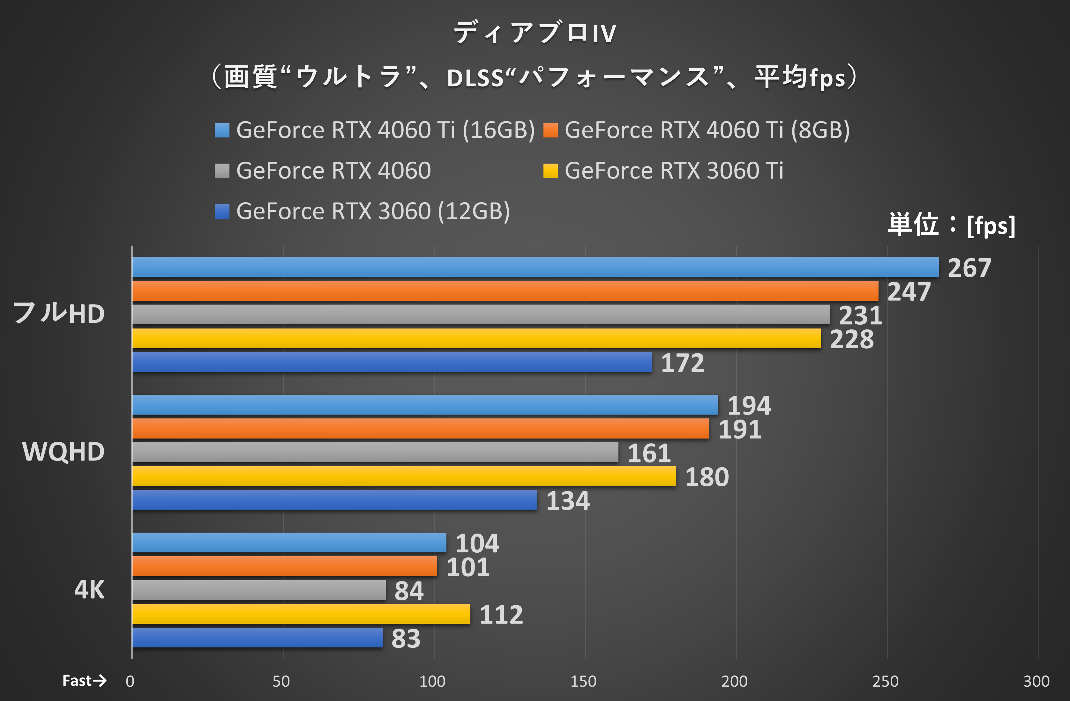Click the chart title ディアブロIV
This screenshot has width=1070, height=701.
[x=535, y=33]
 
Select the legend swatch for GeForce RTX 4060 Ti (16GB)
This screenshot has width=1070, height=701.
[x=222, y=130]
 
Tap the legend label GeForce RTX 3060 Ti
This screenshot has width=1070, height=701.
[x=673, y=171]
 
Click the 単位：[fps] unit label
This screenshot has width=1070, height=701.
[x=951, y=225]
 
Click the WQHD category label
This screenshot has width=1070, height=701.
[x=64, y=452]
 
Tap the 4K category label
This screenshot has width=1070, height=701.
[x=89, y=590]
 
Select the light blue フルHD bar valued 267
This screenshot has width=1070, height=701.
[x=535, y=267]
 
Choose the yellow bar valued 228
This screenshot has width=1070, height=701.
[x=476, y=338]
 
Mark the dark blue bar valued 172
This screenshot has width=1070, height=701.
[x=392, y=362]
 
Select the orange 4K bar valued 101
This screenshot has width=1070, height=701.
[x=285, y=566]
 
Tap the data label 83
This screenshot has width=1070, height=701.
[x=406, y=638]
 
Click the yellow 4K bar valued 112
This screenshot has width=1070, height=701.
[x=301, y=614]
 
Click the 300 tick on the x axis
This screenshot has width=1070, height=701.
[x=1036, y=682]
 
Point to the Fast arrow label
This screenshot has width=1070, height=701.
[x=84, y=681]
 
